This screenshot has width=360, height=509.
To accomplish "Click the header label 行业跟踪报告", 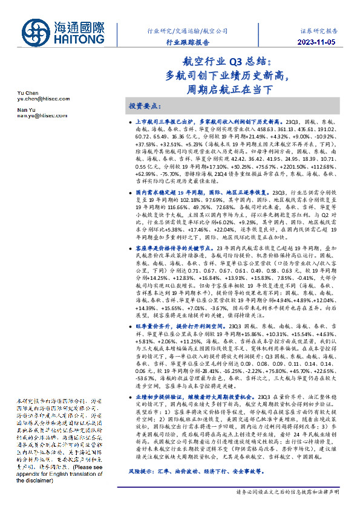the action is click(188, 42).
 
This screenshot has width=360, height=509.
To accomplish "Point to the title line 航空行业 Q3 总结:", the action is click(230, 62).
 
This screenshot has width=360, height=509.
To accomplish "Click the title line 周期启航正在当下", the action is click(230, 90).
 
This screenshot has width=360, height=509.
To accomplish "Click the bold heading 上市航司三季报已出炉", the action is click(164, 122).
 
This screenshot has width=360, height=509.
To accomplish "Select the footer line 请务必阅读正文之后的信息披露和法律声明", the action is click(288, 492).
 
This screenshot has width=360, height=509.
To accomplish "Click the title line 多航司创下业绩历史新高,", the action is click(230, 76).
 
